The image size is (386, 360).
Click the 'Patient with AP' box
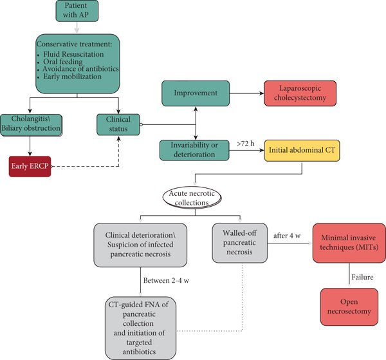click(77, 12)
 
